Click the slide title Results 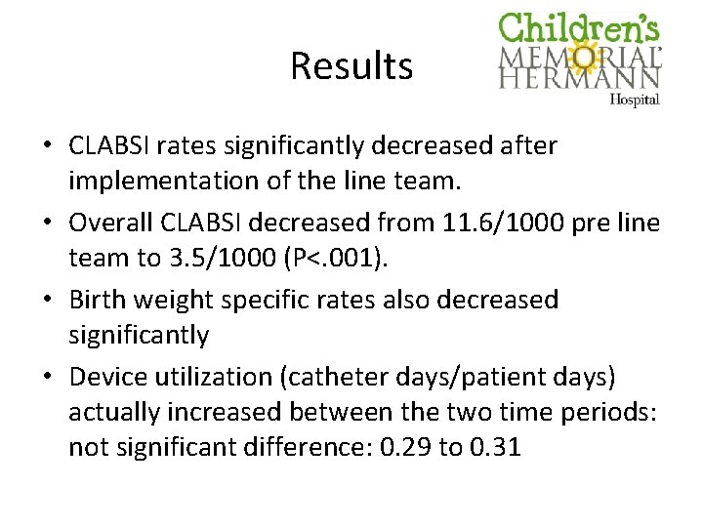coord(351,66)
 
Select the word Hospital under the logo coord(635,99)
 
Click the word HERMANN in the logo coord(580,78)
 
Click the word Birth coord(98,300)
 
